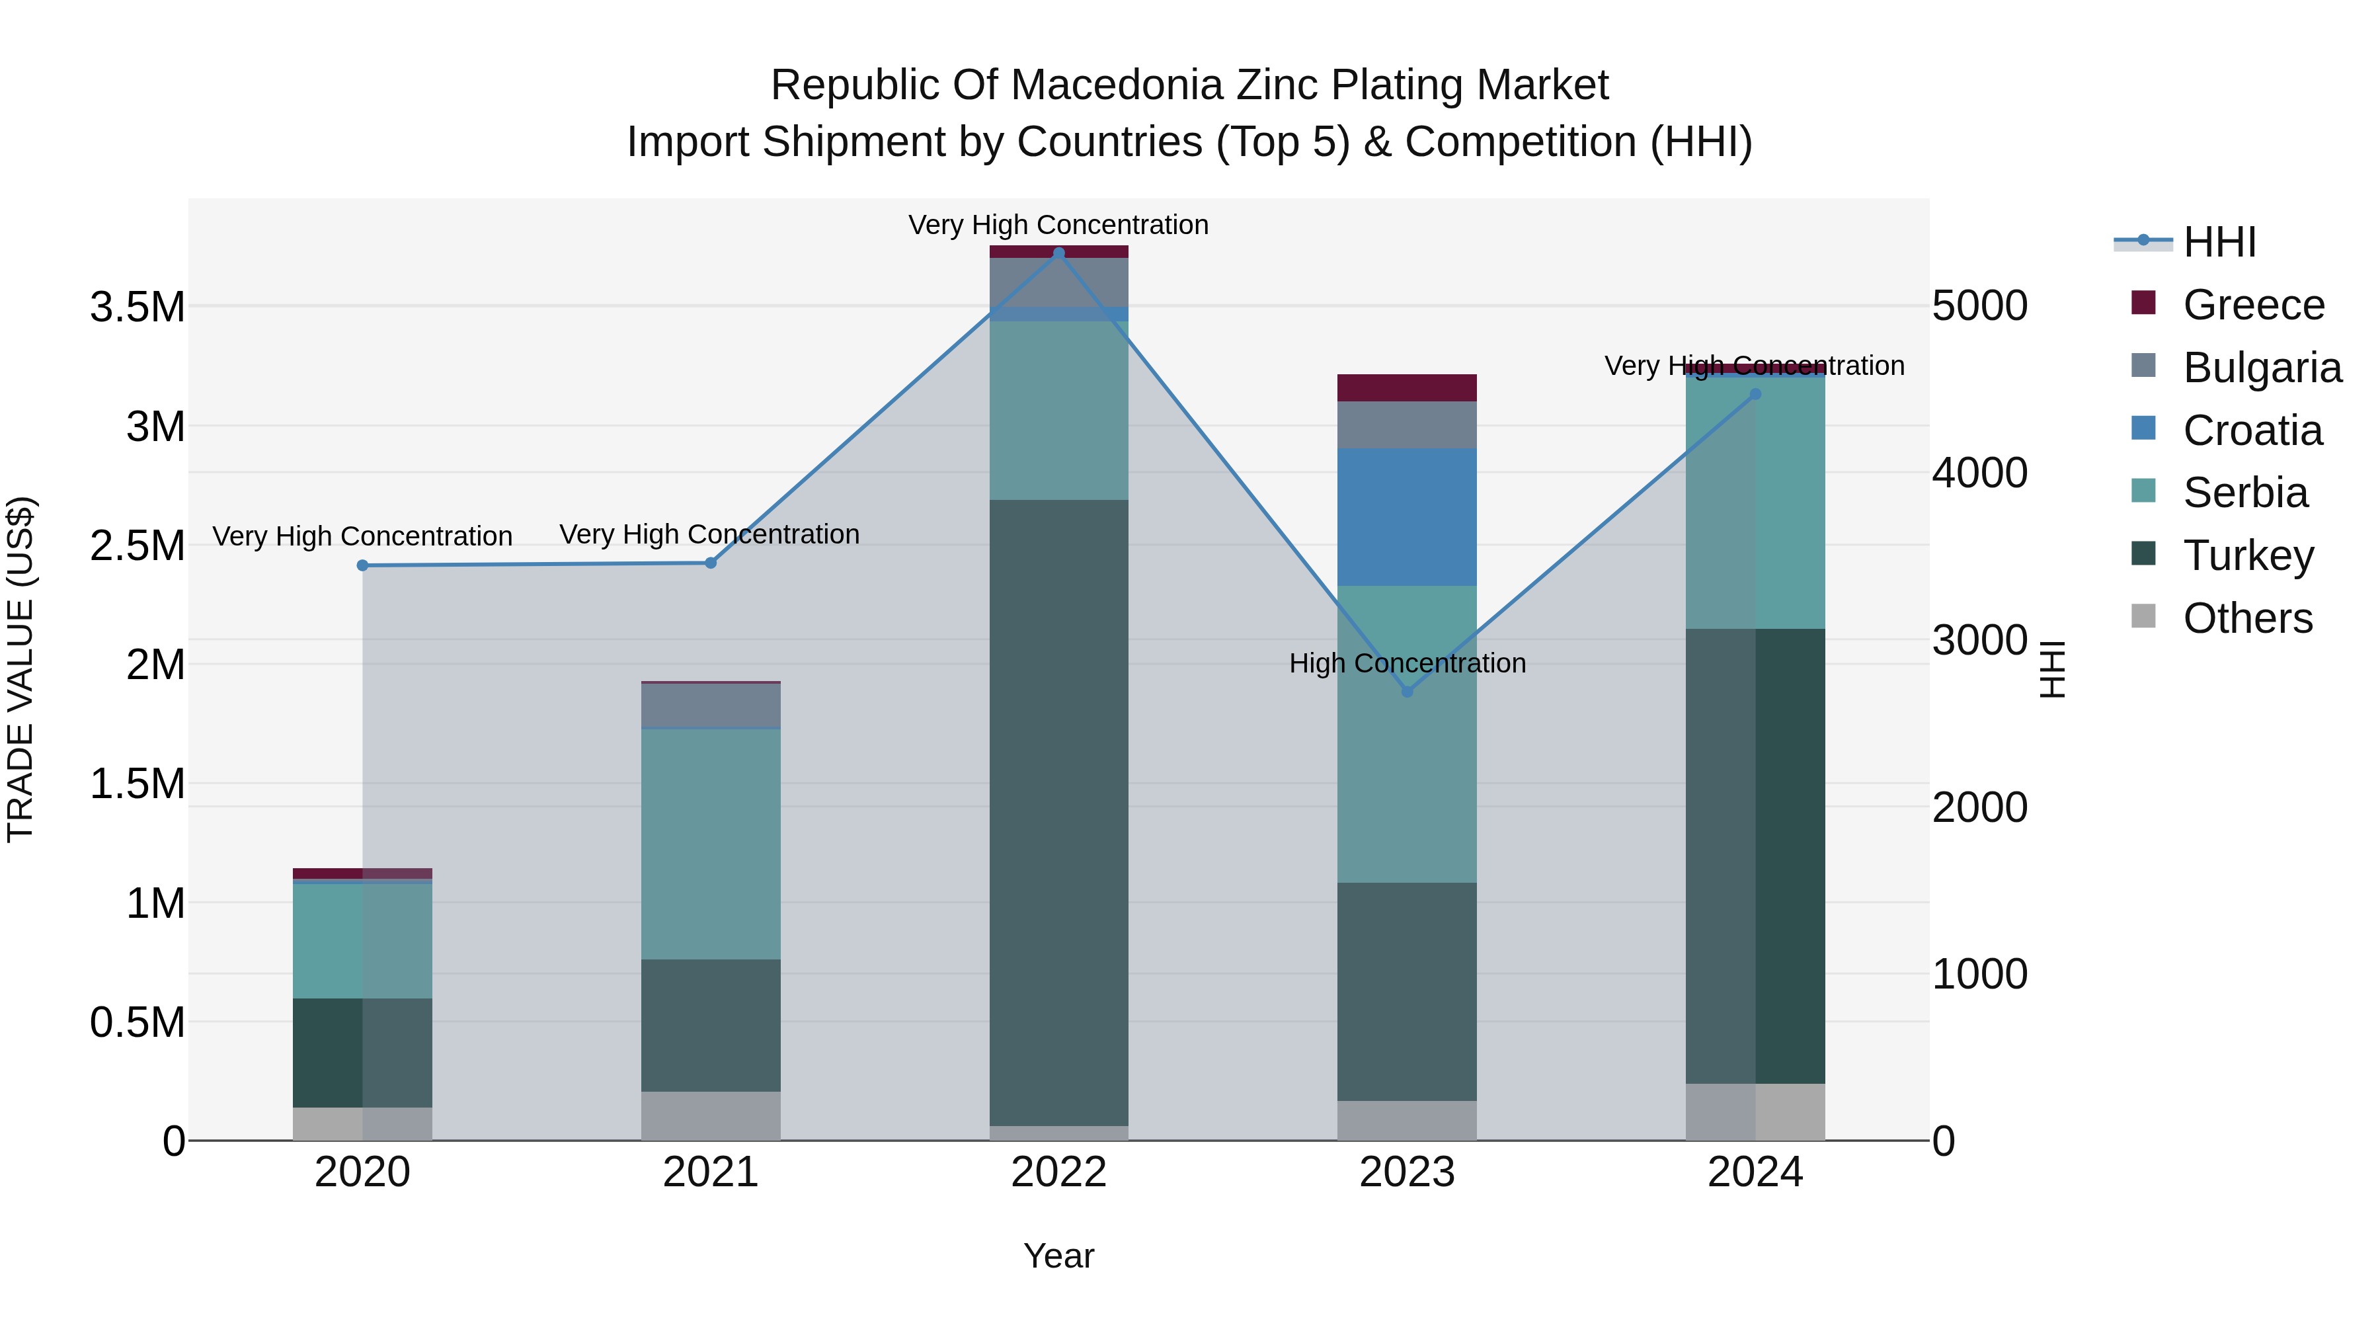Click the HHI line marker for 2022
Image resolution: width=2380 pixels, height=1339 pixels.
click(x=1059, y=253)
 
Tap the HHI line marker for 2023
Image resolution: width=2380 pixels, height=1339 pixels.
click(x=1407, y=691)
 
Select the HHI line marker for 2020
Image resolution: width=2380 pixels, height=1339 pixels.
click(x=362, y=565)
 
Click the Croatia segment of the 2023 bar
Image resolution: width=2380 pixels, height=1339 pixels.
click(x=1407, y=518)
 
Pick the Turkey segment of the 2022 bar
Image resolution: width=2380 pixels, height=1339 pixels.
click(x=1059, y=813)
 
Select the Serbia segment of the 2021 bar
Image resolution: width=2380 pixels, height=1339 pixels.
click(x=711, y=844)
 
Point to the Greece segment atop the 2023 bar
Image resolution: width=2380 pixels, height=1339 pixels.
click(x=1407, y=387)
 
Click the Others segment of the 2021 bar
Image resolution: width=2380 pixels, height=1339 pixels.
click(x=711, y=1116)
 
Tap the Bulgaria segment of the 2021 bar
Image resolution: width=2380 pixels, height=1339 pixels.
click(x=711, y=706)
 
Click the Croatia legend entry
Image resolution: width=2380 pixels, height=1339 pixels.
click(x=2252, y=430)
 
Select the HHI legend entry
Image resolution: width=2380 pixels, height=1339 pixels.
click(x=2219, y=242)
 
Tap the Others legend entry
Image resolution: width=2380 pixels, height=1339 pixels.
click(x=2247, y=618)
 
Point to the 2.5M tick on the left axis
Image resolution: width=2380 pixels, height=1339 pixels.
click(x=137, y=546)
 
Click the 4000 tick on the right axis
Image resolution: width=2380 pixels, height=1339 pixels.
click(x=1979, y=473)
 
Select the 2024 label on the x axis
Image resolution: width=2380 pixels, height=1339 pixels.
click(x=1755, y=1172)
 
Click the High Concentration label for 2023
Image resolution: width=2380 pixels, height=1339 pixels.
click(x=1407, y=663)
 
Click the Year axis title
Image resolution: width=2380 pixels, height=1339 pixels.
click(x=1059, y=1256)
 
